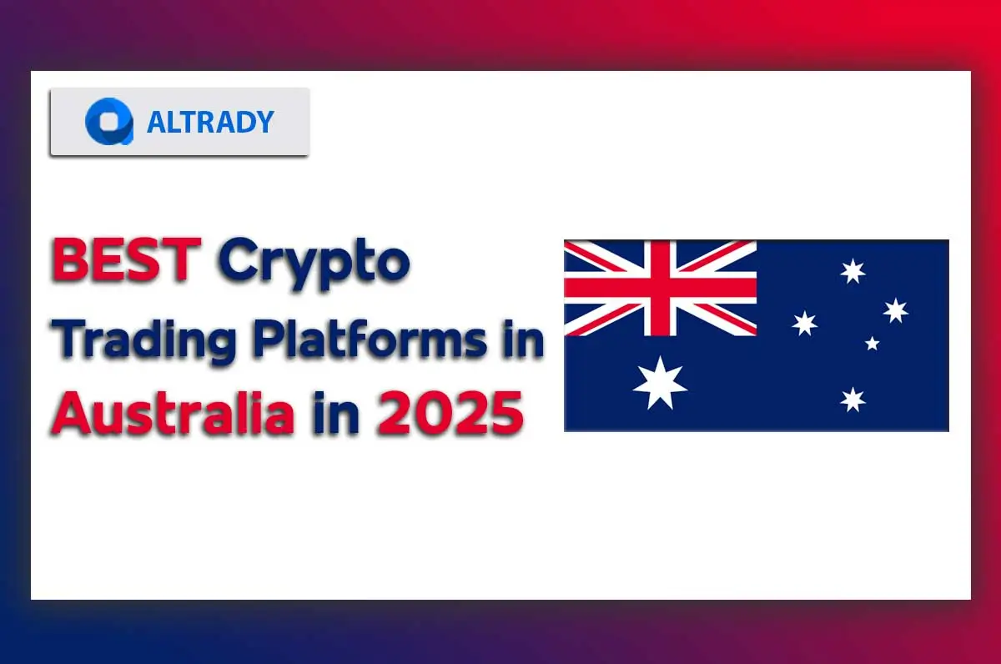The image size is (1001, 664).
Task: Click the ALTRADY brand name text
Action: point(210,122)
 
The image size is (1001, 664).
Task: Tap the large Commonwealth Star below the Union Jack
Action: point(660,383)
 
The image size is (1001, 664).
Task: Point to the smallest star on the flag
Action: point(872,343)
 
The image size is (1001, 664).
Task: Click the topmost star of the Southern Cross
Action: point(853,271)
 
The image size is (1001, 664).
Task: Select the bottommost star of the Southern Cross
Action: point(853,400)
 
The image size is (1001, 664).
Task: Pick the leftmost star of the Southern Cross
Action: point(804,323)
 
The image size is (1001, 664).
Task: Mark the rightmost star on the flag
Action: point(895,310)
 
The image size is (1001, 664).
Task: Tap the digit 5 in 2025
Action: point(505,414)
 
